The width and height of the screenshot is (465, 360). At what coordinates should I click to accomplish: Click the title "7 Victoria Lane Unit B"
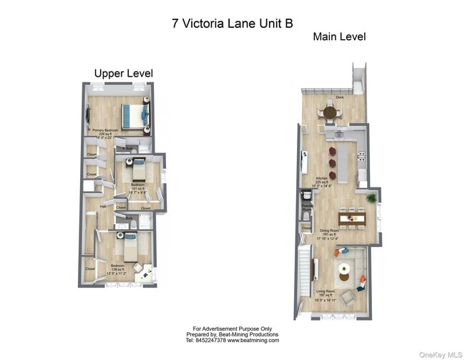point(232,22)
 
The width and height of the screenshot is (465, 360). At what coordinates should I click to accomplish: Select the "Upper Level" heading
point(124,73)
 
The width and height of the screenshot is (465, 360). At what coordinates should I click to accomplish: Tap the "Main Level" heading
point(339,37)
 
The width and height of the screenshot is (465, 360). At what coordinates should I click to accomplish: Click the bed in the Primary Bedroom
point(132,115)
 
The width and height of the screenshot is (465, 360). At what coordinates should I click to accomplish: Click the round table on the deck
point(330,112)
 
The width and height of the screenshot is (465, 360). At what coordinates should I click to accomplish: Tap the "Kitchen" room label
point(322,178)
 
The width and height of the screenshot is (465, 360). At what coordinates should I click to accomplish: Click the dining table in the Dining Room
point(351,217)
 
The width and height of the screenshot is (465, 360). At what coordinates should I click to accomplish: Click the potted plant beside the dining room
point(371,197)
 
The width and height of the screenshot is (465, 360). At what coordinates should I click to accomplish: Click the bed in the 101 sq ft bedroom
point(138,170)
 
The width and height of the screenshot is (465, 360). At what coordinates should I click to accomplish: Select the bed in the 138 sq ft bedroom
point(130,249)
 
